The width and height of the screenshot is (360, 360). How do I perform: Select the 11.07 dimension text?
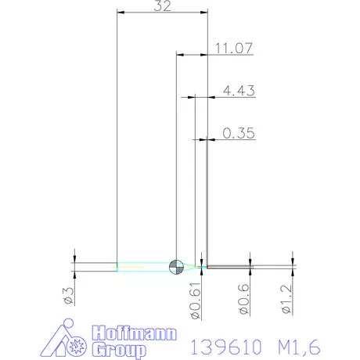(232, 48)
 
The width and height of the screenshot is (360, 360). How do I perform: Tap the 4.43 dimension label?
(239, 91)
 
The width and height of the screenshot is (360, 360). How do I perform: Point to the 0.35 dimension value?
(239, 133)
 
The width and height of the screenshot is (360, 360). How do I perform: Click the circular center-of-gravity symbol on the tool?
(176, 266)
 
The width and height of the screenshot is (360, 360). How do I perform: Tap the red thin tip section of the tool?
(227, 267)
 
